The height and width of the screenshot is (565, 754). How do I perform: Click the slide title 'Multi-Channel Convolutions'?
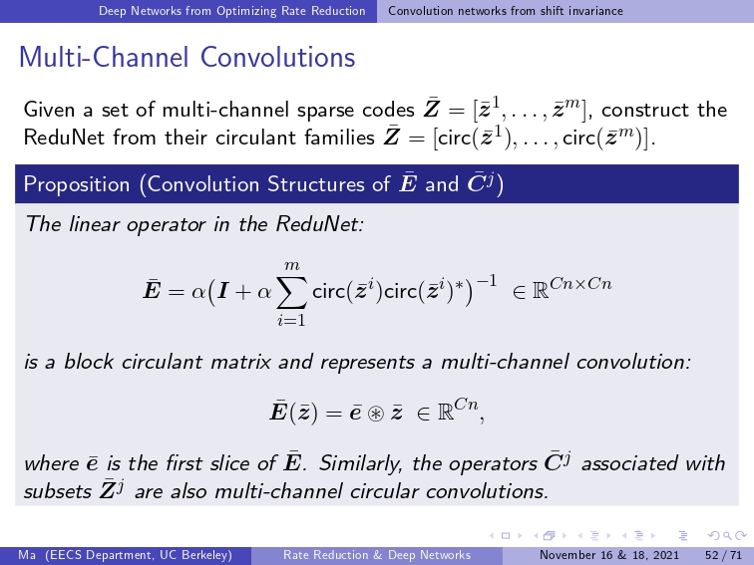tap(188, 57)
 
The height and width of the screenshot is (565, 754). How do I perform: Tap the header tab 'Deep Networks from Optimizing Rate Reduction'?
tap(231, 11)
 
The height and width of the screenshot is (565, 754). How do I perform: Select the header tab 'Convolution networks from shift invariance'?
tap(506, 11)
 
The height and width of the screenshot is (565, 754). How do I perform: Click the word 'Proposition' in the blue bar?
tap(77, 184)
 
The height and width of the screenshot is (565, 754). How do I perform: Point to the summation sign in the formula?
tap(291, 292)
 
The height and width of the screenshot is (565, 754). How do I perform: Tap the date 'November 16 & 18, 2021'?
tap(609, 555)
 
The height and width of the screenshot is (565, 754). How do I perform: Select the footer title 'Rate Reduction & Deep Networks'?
tap(377, 555)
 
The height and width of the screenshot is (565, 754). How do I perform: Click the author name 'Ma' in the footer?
tap(27, 555)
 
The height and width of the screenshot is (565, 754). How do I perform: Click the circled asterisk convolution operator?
tap(376, 414)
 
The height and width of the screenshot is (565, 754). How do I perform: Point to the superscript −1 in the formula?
tap(486, 280)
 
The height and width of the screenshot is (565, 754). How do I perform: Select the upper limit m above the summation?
tap(292, 266)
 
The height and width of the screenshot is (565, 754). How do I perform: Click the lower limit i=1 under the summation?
tap(291, 320)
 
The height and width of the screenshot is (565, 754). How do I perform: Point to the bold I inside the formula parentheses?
tap(222, 292)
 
